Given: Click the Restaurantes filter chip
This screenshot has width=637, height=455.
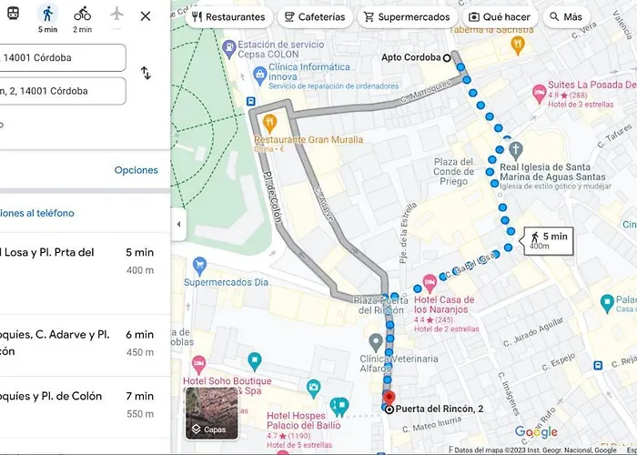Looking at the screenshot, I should (228, 17).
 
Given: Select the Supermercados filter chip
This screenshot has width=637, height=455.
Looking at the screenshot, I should (406, 17).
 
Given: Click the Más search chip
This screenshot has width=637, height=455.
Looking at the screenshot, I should (566, 17).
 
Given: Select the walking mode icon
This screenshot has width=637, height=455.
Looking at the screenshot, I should (47, 15).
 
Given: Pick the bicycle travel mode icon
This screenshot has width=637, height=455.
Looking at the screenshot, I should (82, 15).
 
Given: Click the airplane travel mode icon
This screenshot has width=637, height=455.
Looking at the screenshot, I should (116, 15).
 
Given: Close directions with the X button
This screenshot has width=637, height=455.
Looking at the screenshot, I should (146, 16).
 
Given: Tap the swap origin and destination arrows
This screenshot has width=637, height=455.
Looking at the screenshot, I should (146, 73).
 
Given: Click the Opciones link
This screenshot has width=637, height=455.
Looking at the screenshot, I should (136, 170).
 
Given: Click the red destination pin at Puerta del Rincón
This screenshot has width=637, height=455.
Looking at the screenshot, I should (389, 398).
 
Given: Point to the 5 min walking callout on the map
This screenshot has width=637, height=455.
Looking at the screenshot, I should (548, 240).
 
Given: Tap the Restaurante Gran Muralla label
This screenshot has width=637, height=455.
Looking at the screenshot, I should (308, 140).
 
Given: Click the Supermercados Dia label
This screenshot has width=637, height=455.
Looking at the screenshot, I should (226, 282).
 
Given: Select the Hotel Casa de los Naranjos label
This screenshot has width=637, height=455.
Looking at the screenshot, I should (444, 305).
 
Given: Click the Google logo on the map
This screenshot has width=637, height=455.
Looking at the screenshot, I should (536, 432).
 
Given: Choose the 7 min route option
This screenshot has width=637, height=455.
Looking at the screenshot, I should (82, 405).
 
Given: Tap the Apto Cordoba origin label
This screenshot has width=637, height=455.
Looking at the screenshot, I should (411, 57).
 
